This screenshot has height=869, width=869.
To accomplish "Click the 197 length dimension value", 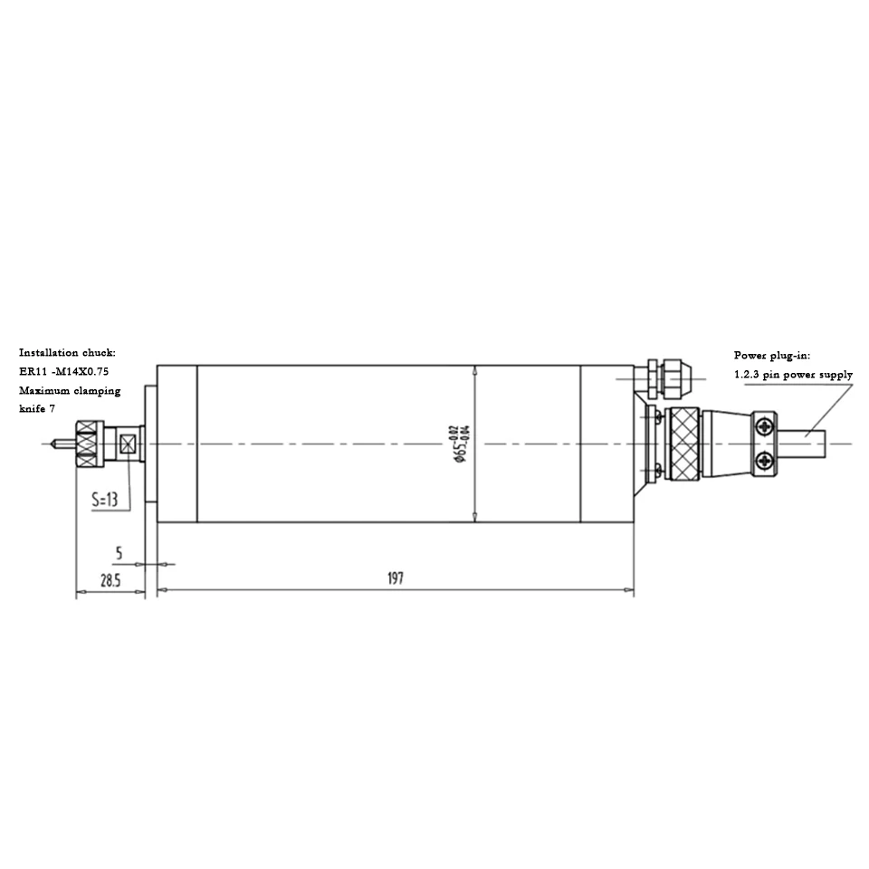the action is click(x=396, y=578).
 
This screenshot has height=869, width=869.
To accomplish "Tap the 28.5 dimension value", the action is click(x=110, y=581).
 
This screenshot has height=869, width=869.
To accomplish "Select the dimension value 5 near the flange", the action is click(x=119, y=553).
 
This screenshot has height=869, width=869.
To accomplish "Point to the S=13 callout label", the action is click(x=105, y=500).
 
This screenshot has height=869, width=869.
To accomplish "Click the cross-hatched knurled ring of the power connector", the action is click(x=684, y=444).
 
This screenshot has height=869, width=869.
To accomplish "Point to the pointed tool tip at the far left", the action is click(x=51, y=444).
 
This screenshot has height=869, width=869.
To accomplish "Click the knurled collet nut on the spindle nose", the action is click(x=90, y=444).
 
